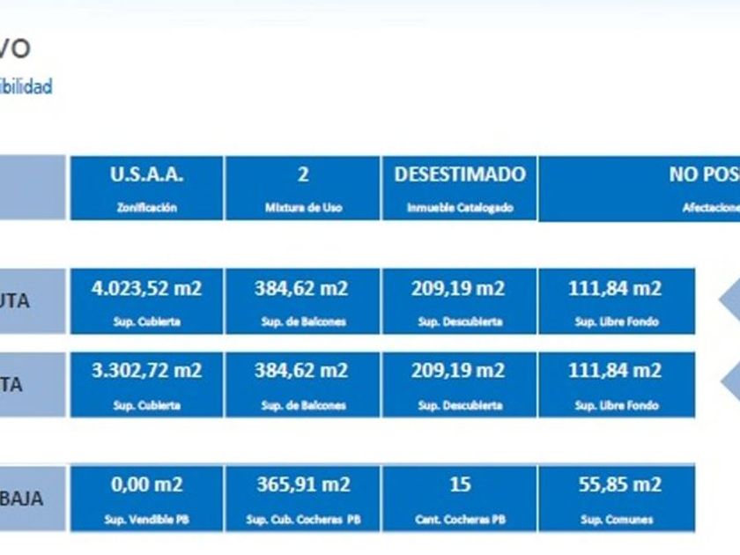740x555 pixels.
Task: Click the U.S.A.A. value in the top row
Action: point(146,174)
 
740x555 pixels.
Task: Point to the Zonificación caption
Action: point(146,209)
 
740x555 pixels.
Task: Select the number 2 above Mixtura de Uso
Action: point(302,174)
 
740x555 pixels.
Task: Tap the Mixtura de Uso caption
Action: point(302,209)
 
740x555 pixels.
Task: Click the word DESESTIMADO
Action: point(459,174)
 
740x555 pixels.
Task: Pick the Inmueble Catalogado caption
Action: point(459,209)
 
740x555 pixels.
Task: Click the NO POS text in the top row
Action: point(703,174)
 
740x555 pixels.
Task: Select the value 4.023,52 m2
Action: point(146,288)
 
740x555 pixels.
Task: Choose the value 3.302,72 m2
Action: point(146,371)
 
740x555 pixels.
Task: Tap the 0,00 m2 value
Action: point(146,485)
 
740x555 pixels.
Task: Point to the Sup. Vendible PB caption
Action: point(146,520)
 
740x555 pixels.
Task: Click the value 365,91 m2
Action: point(302,485)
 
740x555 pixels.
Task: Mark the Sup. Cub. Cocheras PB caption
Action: point(302,520)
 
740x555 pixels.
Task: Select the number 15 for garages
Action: point(459,485)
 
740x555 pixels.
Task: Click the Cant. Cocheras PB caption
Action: point(459,520)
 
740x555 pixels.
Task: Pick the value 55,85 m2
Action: point(615,485)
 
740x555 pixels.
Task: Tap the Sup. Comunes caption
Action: point(615,520)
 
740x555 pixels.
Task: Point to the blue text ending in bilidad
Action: point(26,86)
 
